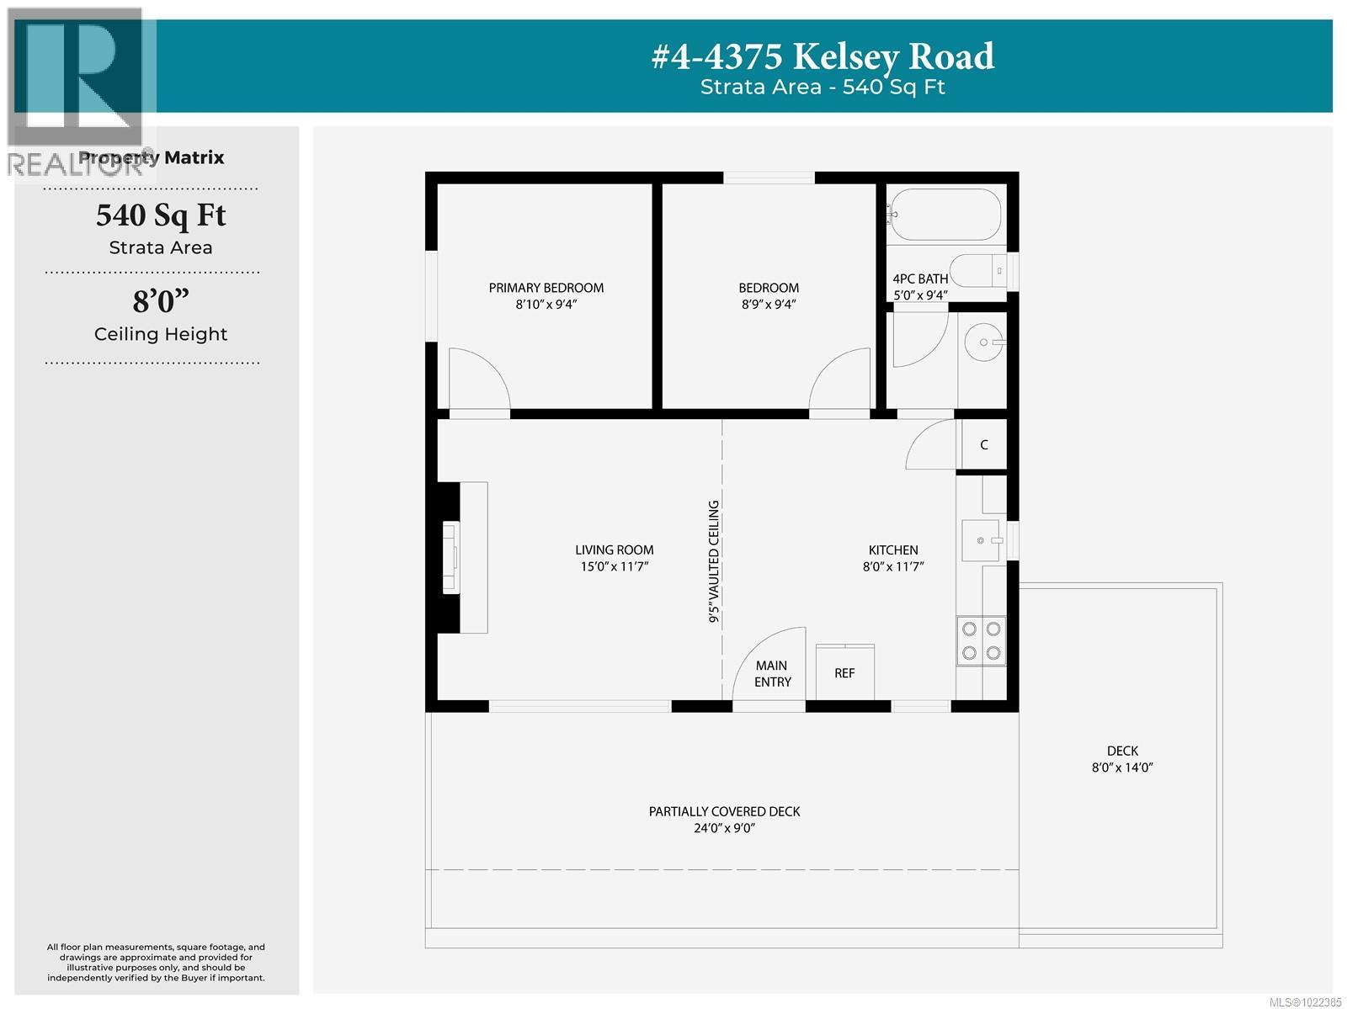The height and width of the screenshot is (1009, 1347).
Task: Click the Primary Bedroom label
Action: pos(546,288)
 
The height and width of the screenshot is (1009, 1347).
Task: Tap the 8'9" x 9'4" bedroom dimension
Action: pos(768,305)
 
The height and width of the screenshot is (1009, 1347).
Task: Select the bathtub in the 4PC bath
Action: pos(945,214)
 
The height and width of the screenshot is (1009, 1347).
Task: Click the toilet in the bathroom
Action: pos(981,271)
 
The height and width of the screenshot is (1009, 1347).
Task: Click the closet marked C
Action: pos(983,444)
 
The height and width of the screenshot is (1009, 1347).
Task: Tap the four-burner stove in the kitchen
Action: pos(981,640)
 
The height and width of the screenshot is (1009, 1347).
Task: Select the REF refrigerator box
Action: pos(844,672)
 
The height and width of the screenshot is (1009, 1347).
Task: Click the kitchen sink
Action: pos(981,540)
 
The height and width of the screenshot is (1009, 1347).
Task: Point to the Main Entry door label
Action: pos(772,673)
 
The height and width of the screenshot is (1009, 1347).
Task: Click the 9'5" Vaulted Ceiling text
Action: pos(714,561)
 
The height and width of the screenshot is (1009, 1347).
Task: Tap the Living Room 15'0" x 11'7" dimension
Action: pos(614,567)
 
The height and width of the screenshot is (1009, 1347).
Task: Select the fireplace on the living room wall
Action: pos(453,557)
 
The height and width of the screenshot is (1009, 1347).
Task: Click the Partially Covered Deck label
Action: pos(724,811)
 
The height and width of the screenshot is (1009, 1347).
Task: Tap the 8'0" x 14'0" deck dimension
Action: pos(1121,767)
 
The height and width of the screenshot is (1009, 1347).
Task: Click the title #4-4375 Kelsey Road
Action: pos(823,56)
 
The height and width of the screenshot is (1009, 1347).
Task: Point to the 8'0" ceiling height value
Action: pos(160,300)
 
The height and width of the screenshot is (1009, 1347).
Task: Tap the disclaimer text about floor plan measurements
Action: pos(156,962)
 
